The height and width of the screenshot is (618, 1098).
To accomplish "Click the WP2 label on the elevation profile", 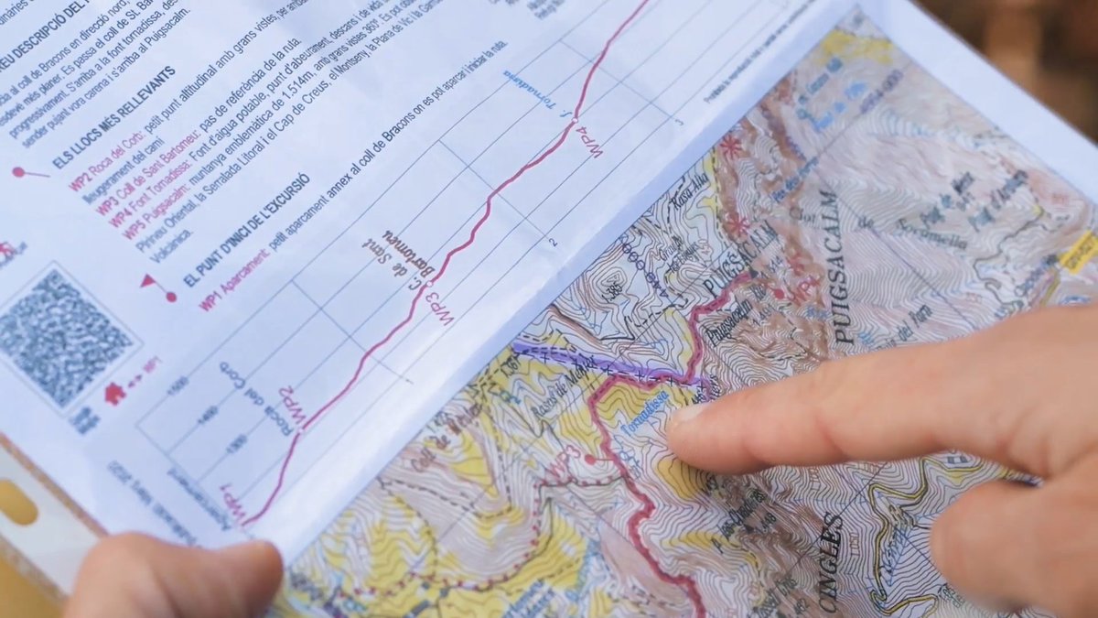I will [289, 407].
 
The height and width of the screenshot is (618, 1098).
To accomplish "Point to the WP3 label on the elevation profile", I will [439, 307].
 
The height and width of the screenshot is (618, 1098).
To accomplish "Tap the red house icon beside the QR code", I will [115, 394].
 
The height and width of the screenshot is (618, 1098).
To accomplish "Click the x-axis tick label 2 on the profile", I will [553, 242].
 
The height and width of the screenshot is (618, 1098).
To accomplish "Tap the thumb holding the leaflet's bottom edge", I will [183, 577].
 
